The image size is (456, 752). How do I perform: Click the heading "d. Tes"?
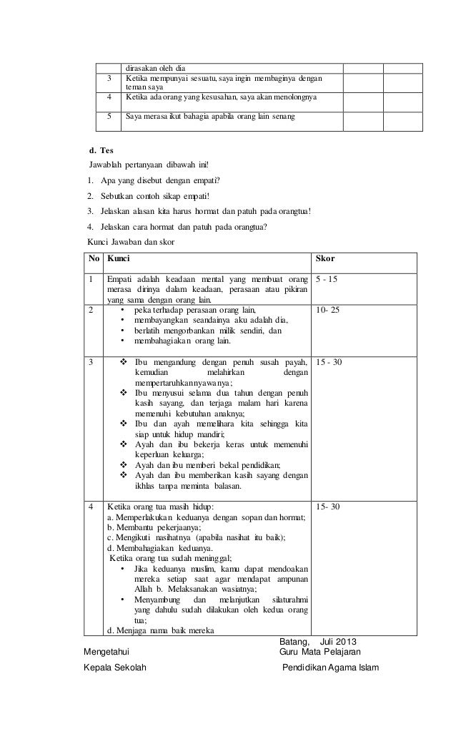tap(99, 152)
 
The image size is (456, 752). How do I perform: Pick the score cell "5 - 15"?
tap(329, 278)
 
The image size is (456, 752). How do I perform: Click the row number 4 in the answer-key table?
tap(91, 507)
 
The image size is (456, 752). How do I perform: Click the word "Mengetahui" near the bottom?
tap(107, 653)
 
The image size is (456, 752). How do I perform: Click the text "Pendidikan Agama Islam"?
tap(332, 668)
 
